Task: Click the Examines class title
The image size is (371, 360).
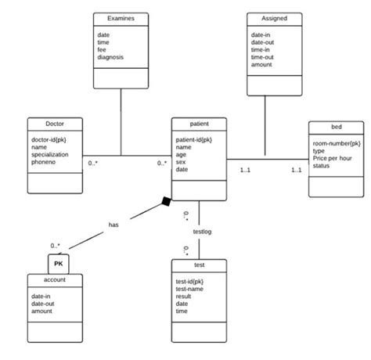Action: (x=121, y=18)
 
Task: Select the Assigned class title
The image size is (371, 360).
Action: (x=274, y=18)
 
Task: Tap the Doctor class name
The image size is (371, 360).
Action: (x=55, y=124)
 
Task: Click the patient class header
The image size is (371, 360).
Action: (x=199, y=124)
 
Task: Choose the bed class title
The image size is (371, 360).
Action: (x=336, y=128)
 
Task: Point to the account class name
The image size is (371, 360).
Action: (x=55, y=279)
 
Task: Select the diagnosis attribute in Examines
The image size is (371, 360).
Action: (x=111, y=57)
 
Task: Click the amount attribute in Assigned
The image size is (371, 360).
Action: (x=262, y=64)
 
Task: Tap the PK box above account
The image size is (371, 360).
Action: (x=58, y=264)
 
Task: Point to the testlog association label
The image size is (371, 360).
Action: (x=202, y=232)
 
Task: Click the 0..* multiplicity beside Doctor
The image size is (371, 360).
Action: (x=93, y=163)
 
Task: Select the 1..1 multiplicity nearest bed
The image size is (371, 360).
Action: (x=297, y=170)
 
